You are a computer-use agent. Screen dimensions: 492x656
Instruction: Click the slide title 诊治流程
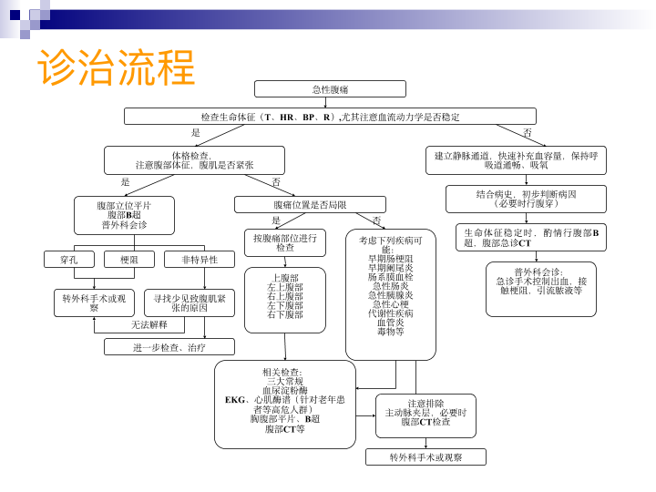click(x=116, y=67)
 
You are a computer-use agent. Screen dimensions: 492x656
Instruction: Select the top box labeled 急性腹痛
click(x=330, y=89)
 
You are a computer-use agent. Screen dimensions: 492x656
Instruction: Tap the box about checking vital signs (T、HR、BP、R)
click(x=330, y=117)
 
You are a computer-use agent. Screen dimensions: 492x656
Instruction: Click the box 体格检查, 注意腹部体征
click(x=194, y=159)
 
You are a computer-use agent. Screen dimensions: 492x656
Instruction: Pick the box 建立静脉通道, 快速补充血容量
click(x=516, y=159)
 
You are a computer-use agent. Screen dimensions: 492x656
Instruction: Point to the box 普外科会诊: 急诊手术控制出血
click(x=541, y=289)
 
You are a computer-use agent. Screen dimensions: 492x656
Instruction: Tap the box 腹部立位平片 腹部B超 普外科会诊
click(x=124, y=215)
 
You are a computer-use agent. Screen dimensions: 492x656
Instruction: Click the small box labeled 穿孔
click(x=68, y=260)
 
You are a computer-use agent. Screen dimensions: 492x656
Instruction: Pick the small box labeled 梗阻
click(x=128, y=260)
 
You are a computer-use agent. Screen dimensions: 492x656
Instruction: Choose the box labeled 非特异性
click(x=200, y=260)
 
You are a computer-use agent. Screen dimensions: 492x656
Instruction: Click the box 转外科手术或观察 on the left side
click(x=94, y=302)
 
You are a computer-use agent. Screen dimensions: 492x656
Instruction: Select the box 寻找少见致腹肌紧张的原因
click(x=190, y=302)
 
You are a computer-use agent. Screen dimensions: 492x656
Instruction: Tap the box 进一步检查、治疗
click(x=169, y=347)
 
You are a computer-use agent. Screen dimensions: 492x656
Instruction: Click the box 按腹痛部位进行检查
click(x=285, y=242)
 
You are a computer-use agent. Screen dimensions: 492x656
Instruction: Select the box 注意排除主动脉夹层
click(x=425, y=415)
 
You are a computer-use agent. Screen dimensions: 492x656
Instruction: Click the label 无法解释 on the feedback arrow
click(x=149, y=324)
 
